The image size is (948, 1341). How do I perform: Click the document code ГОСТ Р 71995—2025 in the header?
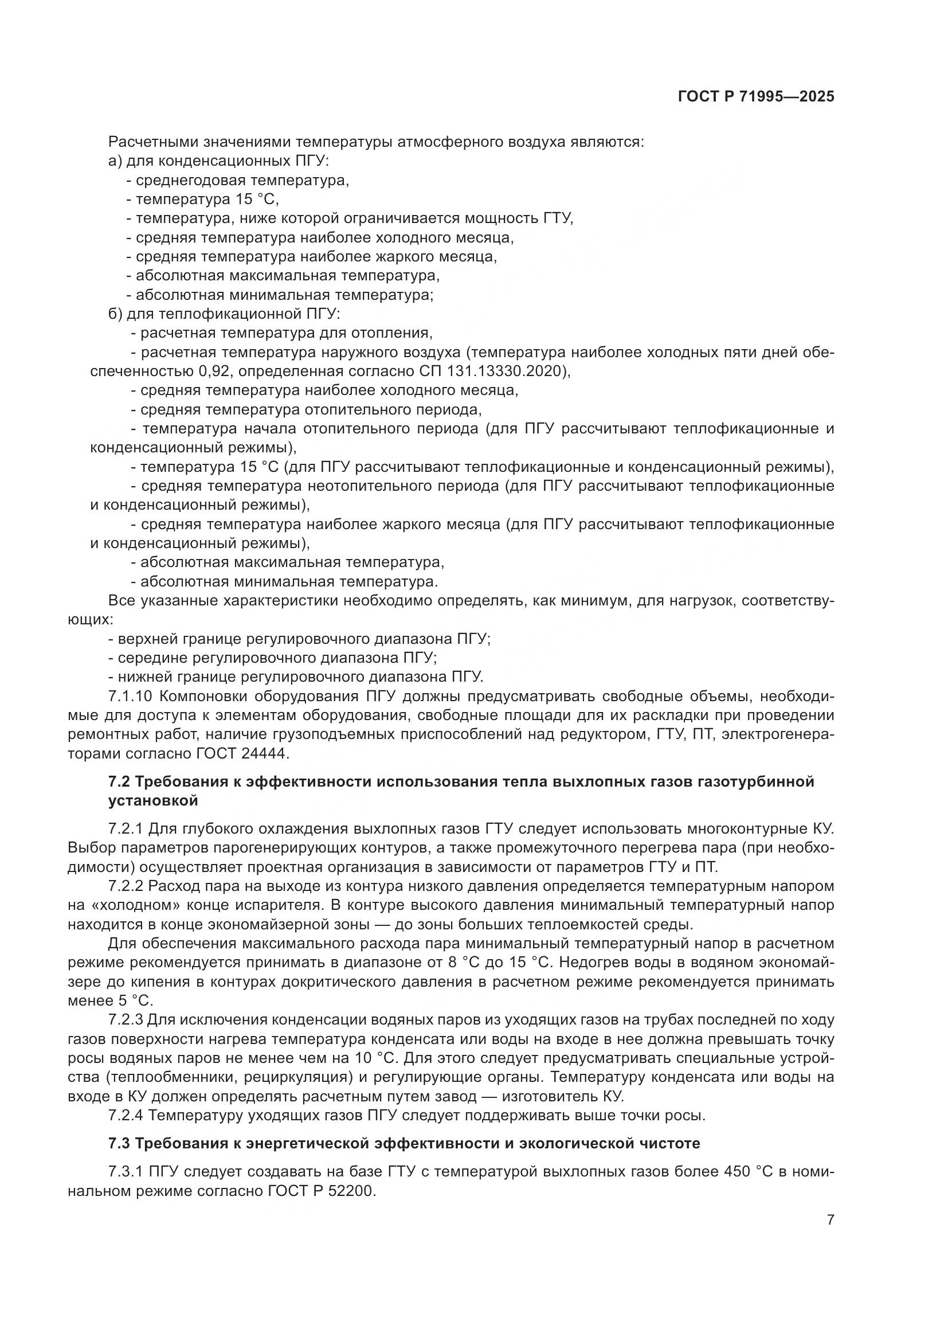pos(756,97)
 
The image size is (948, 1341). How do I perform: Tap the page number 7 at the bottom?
pos(830,1220)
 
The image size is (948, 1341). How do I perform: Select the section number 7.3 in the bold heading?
pos(119,1143)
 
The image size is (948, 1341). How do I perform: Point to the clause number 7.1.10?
pos(131,696)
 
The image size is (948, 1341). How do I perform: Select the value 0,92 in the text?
pos(216,372)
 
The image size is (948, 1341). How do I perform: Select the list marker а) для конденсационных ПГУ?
pos(115,161)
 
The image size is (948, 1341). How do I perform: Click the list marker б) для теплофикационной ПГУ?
pos(116,314)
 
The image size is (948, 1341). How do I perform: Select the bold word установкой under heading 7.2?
pos(153,801)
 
